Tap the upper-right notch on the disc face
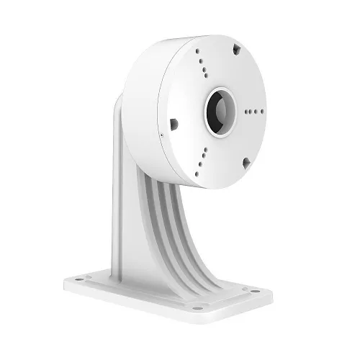236,51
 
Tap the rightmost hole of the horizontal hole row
261,112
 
